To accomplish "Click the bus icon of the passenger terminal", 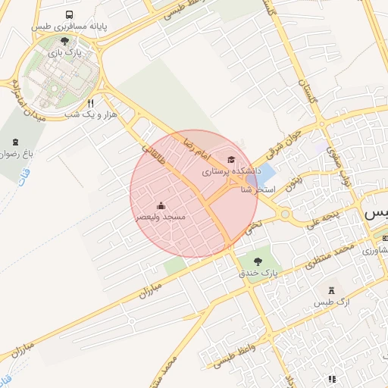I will (x=70, y=15).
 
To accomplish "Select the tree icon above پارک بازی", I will (x=64, y=42).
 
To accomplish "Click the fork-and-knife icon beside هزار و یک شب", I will (x=90, y=102).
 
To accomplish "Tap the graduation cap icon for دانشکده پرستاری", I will (x=230, y=160).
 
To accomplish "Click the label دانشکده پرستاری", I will (x=230, y=173).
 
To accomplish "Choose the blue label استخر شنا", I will (x=256, y=189).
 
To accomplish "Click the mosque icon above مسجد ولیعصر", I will (x=161, y=205).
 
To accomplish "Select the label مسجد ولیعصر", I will (x=160, y=217).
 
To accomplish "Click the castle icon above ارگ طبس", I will (x=331, y=291).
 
